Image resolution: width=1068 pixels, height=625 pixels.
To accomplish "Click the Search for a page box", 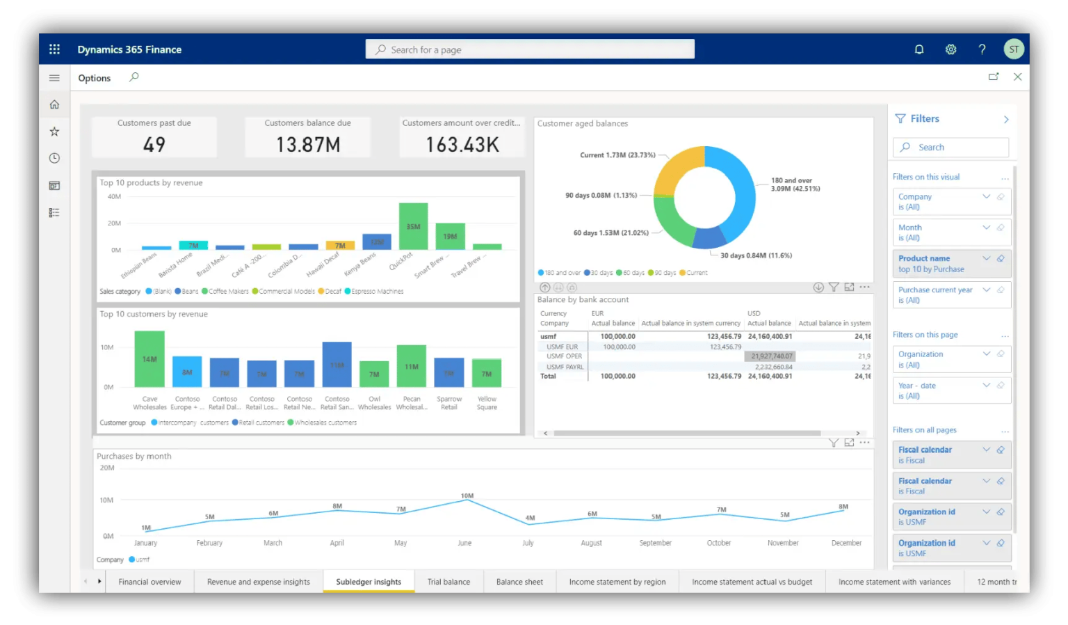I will coord(530,49).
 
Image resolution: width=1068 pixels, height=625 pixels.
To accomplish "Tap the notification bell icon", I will coord(919,49).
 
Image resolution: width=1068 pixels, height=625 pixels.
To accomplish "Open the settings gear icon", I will coord(950,49).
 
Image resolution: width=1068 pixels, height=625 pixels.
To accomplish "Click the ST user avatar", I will coord(1014,49).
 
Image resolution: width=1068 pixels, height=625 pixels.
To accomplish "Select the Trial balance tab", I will coord(448,582).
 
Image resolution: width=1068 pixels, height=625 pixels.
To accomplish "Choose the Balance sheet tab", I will coord(519,582).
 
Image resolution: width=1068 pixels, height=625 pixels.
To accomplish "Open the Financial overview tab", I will coord(149,582).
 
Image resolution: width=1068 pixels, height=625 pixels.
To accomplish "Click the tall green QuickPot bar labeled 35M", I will coord(413,226).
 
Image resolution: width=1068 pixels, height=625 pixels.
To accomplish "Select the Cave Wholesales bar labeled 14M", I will coord(149,358).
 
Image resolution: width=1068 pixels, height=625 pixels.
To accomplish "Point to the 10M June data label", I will coord(467,496).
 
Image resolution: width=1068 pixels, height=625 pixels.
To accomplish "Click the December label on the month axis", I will coord(846,543).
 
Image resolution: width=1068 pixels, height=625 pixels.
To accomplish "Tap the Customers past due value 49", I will coord(154,145).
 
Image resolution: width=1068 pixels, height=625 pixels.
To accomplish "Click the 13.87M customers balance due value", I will coord(308,145).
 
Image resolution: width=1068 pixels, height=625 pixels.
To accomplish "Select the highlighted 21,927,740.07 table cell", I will coord(772,356).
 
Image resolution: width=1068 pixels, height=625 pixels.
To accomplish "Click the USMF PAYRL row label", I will coord(565,367).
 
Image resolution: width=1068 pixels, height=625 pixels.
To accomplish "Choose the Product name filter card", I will coord(950,263).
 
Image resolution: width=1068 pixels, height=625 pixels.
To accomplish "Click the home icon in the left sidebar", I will coord(54,104).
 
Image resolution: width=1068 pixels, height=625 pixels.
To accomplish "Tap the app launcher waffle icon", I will coord(55,49).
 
